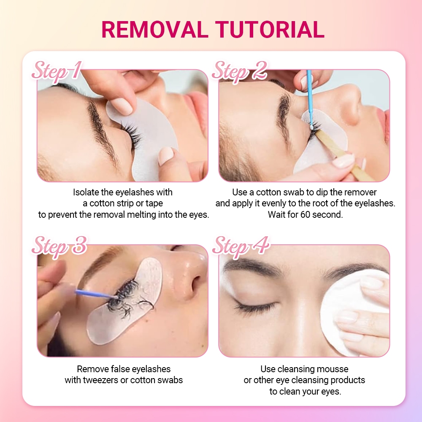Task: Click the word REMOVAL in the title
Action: click(x=155, y=30)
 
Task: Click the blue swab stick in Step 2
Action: click(x=310, y=100)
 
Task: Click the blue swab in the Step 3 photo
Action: click(x=96, y=294)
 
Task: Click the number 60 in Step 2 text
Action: click(x=306, y=215)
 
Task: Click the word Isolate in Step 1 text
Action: click(x=86, y=192)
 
